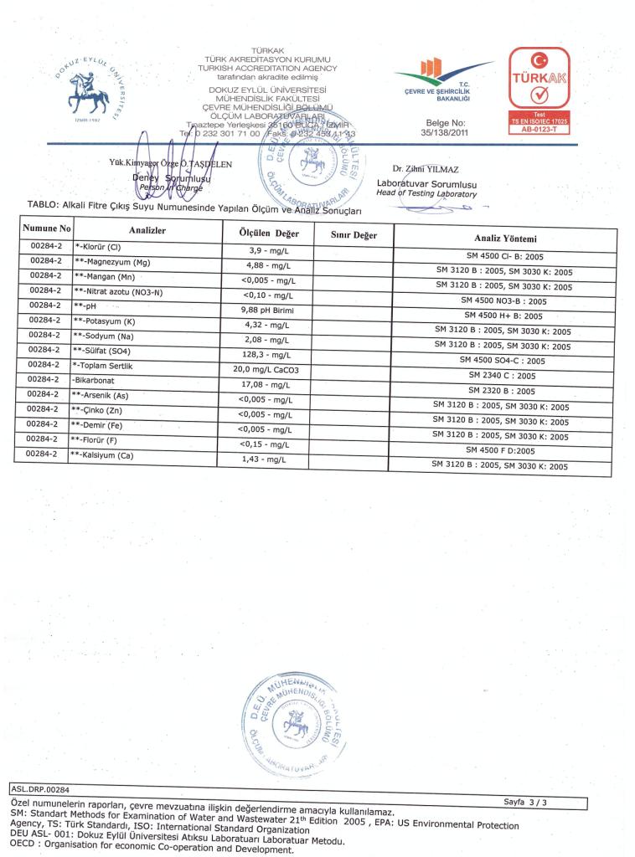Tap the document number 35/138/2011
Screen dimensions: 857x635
click(x=448, y=132)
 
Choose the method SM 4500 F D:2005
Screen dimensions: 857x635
click(x=500, y=450)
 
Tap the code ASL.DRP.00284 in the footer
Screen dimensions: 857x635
click(x=40, y=788)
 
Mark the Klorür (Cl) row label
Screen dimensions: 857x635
click(x=98, y=247)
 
